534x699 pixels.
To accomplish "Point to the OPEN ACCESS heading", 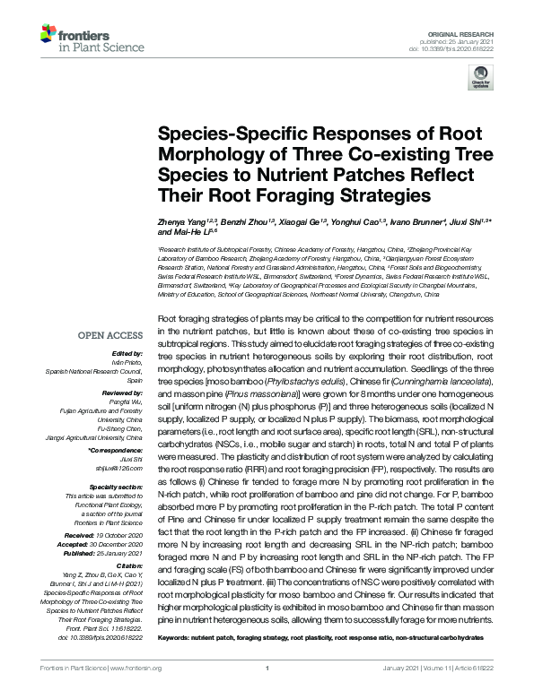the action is pos(111,337).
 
